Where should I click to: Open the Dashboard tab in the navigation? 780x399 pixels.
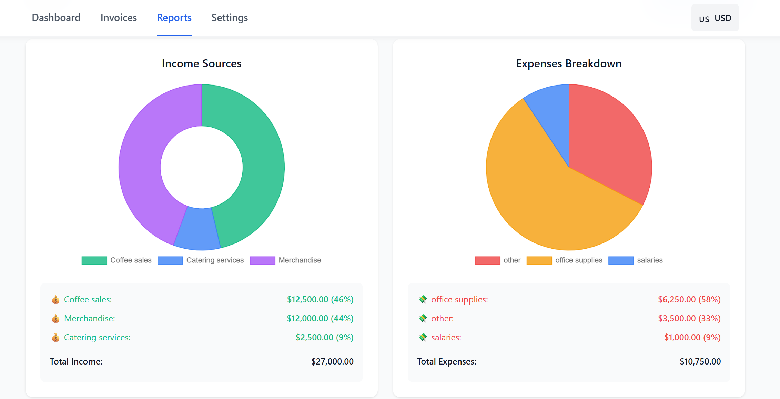(x=56, y=18)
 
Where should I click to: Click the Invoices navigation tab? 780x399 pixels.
(x=119, y=18)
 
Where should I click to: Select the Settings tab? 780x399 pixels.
(x=230, y=18)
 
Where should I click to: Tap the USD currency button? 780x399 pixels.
(x=715, y=18)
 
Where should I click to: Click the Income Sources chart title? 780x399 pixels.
(x=202, y=63)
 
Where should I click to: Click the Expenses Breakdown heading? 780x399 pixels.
(x=569, y=63)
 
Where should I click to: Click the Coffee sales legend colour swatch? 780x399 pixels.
(x=94, y=260)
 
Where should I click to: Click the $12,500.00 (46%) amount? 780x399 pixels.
(x=320, y=299)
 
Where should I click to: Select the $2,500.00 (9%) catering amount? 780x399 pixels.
(x=324, y=337)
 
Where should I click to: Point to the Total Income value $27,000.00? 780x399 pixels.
(x=332, y=361)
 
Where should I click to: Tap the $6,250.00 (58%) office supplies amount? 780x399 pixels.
(x=689, y=299)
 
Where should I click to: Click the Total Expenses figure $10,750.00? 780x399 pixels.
(x=700, y=361)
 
